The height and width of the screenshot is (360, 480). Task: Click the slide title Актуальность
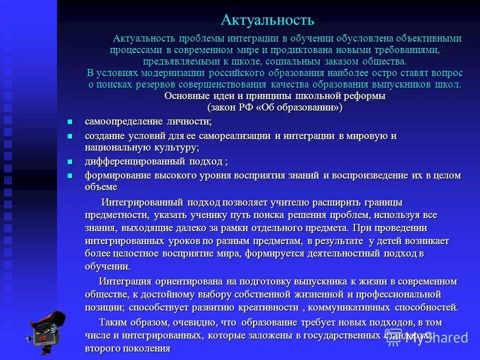(267, 20)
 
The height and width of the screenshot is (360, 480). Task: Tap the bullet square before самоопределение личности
(70, 121)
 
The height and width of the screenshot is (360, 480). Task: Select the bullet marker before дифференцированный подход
(70, 161)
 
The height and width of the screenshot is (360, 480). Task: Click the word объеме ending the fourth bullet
(101, 187)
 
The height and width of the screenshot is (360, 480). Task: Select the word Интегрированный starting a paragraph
(143, 202)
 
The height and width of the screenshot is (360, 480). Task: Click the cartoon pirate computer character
(47, 330)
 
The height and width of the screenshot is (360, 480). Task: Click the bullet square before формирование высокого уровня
(70, 175)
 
